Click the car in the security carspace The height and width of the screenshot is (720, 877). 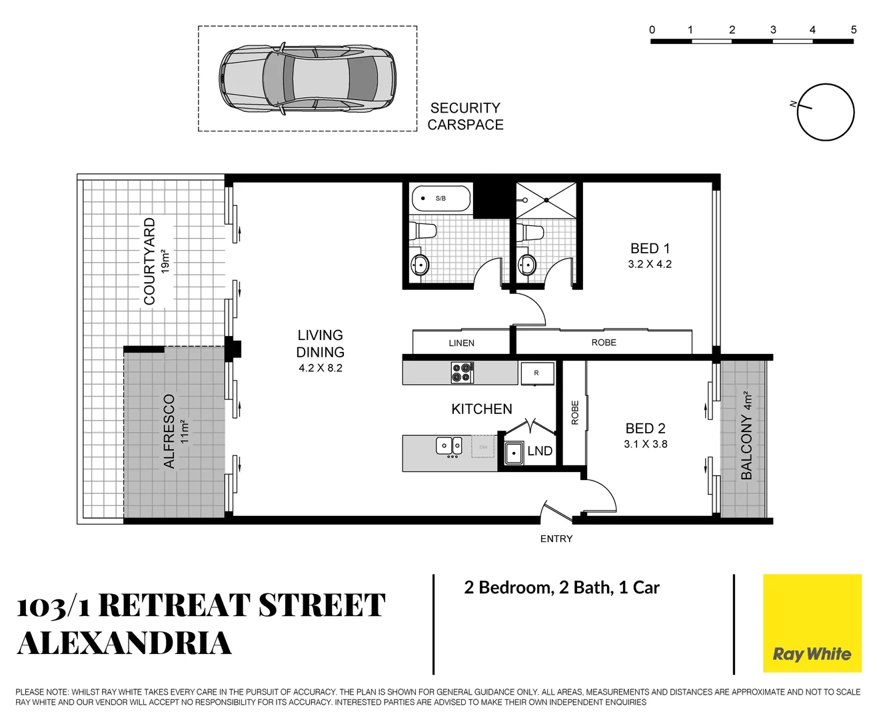click(307, 79)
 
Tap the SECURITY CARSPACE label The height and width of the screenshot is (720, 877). click(465, 116)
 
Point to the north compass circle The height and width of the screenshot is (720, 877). click(826, 112)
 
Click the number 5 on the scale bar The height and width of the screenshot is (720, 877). click(854, 30)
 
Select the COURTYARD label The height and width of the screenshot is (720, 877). click(150, 261)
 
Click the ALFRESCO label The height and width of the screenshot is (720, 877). click(169, 431)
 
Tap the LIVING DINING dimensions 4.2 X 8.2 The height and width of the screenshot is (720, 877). click(321, 368)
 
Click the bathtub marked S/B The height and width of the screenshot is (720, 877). click(440, 198)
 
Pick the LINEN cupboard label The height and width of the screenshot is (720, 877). click(461, 343)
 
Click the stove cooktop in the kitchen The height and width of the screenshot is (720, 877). click(462, 373)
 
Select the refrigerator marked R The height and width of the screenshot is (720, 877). click(536, 373)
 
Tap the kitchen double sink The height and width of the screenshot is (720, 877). click(449, 445)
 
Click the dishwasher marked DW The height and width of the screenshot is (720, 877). click(483, 447)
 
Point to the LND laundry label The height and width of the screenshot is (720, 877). click(540, 451)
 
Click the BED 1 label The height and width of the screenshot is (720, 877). click(650, 248)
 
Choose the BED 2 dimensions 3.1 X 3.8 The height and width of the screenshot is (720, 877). click(645, 444)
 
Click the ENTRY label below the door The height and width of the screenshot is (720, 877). click(556, 539)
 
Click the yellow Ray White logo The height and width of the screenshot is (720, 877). click(812, 623)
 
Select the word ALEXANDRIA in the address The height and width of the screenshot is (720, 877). click(125, 643)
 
